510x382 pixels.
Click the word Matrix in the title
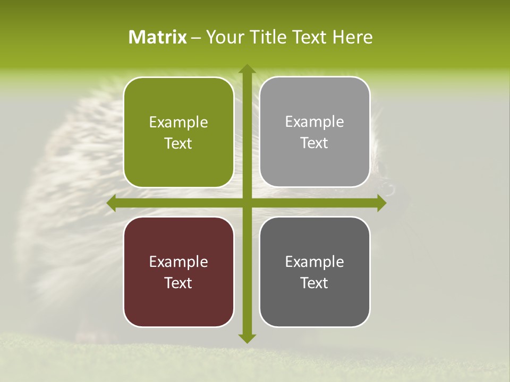point(158,37)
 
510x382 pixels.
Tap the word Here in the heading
point(353,37)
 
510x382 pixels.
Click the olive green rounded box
point(178,133)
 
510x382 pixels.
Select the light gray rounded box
point(314,132)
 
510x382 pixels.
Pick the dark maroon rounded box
point(178,272)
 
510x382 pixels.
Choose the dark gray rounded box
point(314,272)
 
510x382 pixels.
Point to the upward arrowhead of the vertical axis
point(246,70)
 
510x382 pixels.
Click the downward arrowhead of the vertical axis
point(246,338)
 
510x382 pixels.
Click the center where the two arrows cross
point(246,203)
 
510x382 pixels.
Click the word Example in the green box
point(178,123)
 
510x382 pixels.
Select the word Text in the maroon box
point(178,283)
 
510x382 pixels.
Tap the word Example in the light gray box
point(314,122)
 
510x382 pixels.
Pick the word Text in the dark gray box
point(314,283)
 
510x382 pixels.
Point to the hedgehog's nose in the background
point(389,188)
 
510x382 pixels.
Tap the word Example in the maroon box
point(178,262)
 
